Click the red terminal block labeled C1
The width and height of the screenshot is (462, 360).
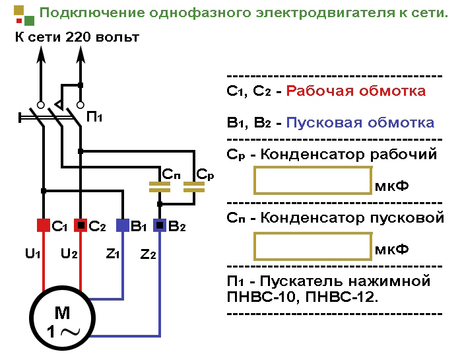(x=43, y=225)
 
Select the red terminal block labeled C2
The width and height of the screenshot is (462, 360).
(x=81, y=225)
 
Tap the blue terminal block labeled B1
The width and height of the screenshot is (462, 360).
(x=123, y=225)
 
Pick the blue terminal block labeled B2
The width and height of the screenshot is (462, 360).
(x=160, y=225)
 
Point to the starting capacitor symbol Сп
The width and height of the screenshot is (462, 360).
(x=160, y=188)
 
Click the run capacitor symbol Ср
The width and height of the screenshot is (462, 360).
(x=195, y=188)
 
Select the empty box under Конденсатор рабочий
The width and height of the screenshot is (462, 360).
(x=312, y=180)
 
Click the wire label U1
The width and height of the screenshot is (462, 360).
(x=33, y=254)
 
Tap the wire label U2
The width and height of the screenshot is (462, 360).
(x=69, y=254)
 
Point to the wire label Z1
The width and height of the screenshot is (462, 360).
(x=112, y=254)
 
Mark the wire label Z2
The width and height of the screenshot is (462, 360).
(x=148, y=254)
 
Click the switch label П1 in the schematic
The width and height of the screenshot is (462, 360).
(x=94, y=117)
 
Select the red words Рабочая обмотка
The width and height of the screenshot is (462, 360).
(x=356, y=91)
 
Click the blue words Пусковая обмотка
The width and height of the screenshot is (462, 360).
(x=360, y=123)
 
